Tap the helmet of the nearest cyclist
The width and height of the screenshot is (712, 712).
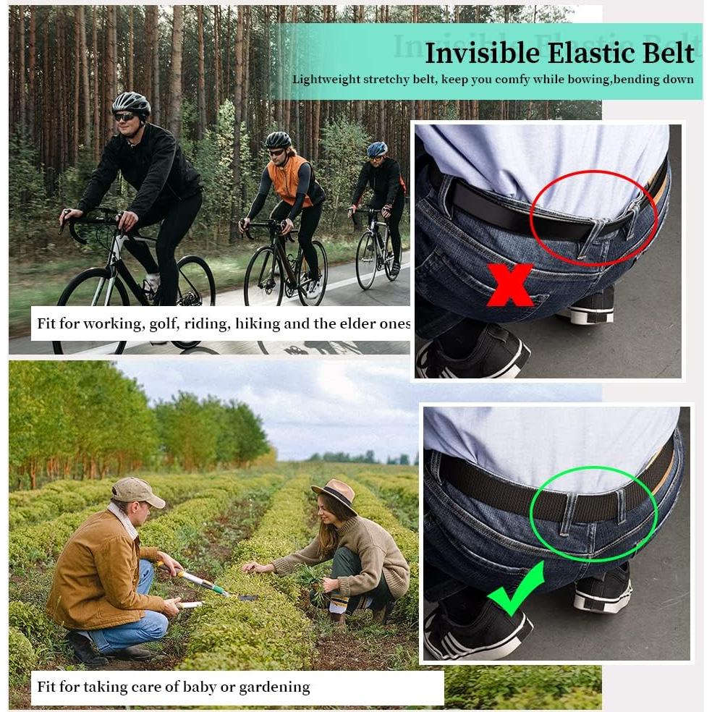[131, 103]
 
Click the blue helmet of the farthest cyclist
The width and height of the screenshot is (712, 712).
[377, 148]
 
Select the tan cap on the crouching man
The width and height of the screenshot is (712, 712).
[136, 491]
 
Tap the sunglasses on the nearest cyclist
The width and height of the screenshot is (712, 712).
[124, 116]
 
